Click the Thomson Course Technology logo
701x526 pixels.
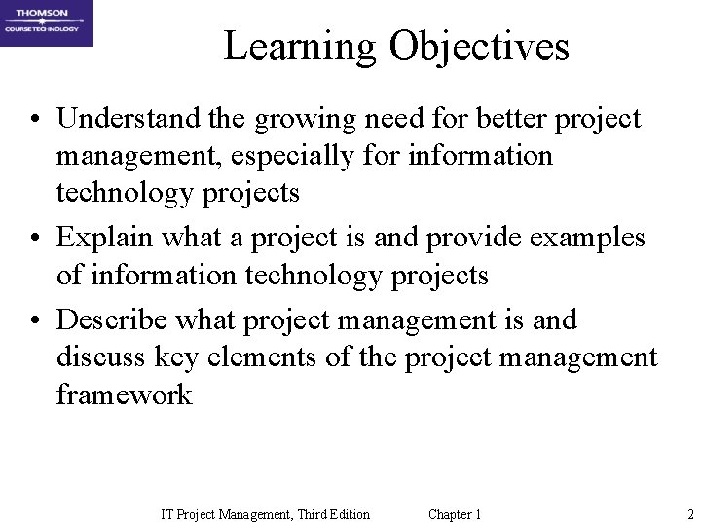pyautogui.click(x=47, y=23)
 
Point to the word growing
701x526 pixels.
pyautogui.click(x=291, y=121)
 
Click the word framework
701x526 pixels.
pyautogui.click(x=125, y=395)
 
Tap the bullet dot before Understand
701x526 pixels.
pyautogui.click(x=33, y=121)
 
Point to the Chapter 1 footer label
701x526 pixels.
pyautogui.click(x=454, y=513)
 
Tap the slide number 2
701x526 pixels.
pyautogui.click(x=688, y=513)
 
